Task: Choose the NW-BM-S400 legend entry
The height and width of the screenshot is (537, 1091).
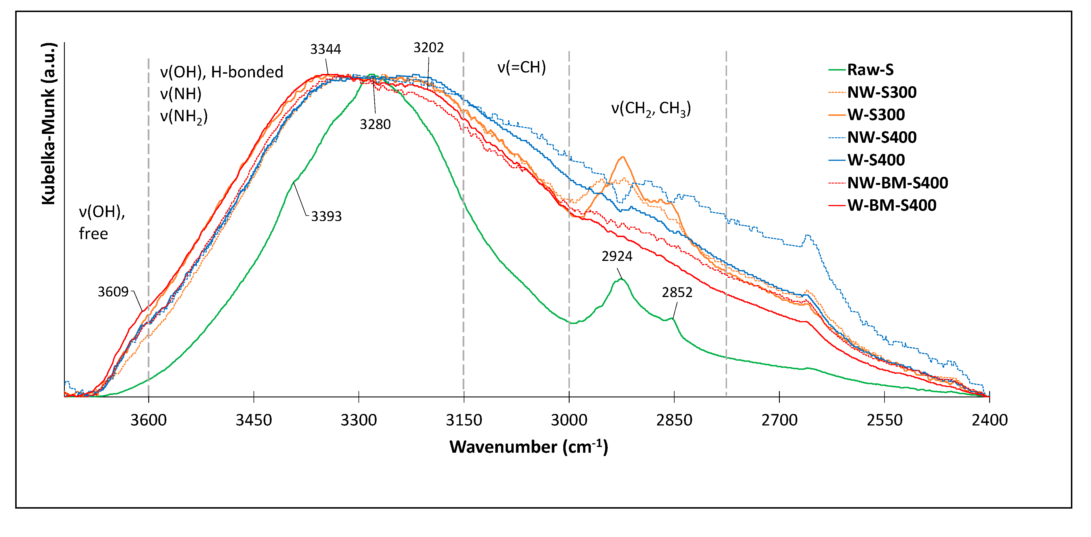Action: tap(897, 183)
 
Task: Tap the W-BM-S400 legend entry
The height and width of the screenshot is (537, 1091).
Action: tap(891, 205)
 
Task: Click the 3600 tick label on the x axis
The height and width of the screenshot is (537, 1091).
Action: tap(148, 420)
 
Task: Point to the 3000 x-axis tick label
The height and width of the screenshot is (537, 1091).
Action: tap(569, 420)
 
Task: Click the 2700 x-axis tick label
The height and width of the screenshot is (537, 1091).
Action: tap(779, 420)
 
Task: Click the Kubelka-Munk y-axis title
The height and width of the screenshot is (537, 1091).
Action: tap(49, 124)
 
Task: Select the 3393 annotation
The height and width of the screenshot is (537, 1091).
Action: tap(326, 216)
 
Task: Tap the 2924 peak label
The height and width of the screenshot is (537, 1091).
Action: tap(617, 256)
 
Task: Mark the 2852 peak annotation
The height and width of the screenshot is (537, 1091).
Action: tap(677, 292)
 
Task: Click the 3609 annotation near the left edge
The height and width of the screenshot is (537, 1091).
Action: tap(113, 292)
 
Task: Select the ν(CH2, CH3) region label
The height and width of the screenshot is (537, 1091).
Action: tap(650, 109)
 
